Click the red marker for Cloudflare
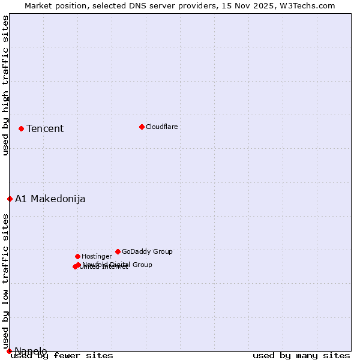[x=142, y=127]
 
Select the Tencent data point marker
[x=21, y=128]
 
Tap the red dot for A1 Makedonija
[x=10, y=199]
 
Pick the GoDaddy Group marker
[x=118, y=251]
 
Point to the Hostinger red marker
[x=77, y=256]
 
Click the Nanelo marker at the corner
[x=9, y=351]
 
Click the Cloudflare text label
[x=162, y=127]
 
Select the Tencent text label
[x=45, y=128]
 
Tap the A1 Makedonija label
[x=50, y=199]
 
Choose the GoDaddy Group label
[x=147, y=251]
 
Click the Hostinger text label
[x=97, y=256]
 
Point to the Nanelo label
[x=31, y=351]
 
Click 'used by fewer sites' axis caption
[x=62, y=356]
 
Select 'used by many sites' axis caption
[x=301, y=356]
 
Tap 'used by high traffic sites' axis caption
[x=5, y=85]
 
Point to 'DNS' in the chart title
[x=133, y=5]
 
